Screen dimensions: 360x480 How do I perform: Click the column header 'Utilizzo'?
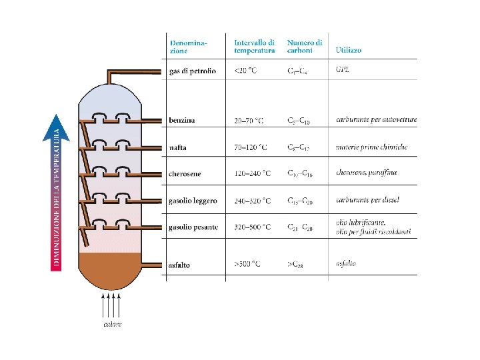[349, 50]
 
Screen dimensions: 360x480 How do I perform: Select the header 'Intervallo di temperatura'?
[254, 47]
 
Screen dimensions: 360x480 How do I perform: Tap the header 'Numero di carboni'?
[305, 47]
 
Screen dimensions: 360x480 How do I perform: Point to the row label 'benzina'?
[182, 121]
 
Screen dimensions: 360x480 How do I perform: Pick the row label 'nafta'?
[178, 147]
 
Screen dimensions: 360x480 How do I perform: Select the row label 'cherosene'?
[185, 174]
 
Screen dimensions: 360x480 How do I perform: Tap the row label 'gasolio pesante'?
[193, 227]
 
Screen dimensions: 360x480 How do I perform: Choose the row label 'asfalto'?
[179, 265]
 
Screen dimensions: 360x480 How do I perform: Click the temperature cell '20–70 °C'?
[249, 121]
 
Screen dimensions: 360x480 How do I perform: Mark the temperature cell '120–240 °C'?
[253, 174]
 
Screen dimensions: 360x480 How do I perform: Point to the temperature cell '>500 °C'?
[247, 265]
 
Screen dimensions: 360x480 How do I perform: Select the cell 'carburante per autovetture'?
[377, 120]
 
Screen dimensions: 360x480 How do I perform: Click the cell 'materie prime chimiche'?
[371, 147]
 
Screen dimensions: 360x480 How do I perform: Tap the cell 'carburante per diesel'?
[368, 199]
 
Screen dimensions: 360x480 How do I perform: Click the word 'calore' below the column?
[112, 325]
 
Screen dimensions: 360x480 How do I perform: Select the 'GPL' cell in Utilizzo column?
[342, 69]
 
